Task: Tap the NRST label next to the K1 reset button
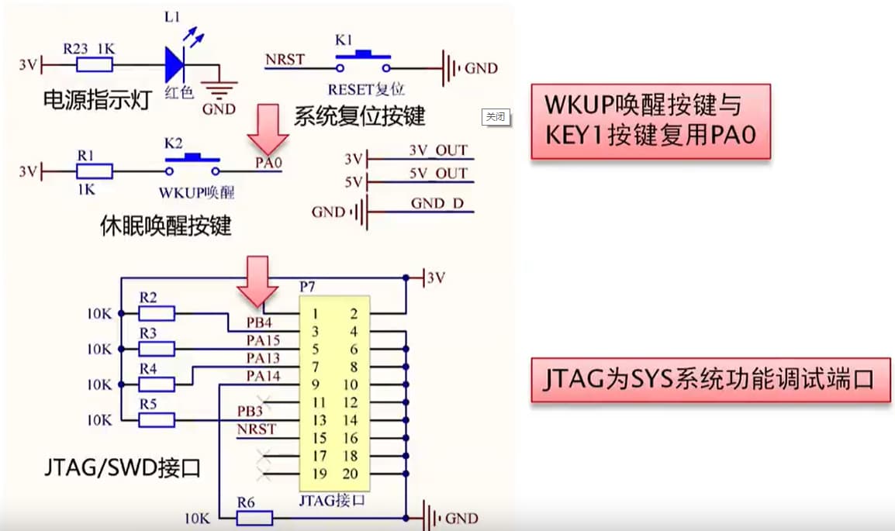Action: click(285, 59)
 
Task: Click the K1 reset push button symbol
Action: click(361, 57)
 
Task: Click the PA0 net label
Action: click(268, 164)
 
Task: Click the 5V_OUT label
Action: click(438, 173)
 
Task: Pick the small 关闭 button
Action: click(495, 117)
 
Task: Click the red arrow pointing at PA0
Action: click(268, 128)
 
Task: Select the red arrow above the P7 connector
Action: click(257, 281)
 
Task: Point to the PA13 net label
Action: click(263, 358)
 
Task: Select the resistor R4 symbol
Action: click(156, 384)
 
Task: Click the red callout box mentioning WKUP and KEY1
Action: click(650, 121)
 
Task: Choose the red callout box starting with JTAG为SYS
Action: click(710, 380)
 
